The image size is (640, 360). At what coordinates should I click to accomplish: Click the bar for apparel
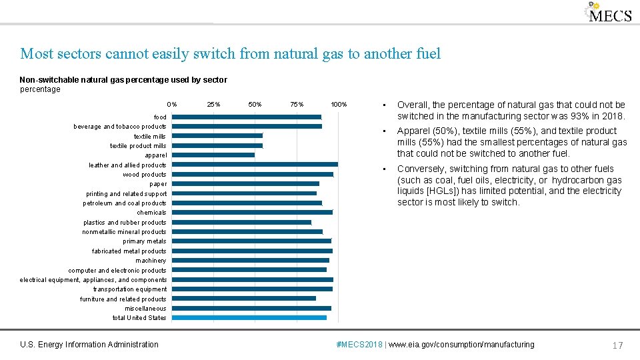(211, 155)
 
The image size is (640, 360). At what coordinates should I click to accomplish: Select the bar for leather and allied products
(253, 164)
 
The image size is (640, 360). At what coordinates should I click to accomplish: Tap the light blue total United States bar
(247, 317)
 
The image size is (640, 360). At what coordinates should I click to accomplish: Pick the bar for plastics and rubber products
(239, 222)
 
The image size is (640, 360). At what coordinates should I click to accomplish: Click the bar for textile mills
(215, 135)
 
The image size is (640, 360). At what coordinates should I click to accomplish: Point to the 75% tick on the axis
(297, 105)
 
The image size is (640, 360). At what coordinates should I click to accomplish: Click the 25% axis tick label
(213, 105)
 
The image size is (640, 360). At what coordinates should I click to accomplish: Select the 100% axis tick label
(339, 105)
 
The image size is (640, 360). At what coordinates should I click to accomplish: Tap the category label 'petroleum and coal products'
(125, 203)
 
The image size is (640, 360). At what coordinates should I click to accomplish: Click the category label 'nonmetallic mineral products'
(124, 232)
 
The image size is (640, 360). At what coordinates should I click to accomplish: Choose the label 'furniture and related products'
(123, 299)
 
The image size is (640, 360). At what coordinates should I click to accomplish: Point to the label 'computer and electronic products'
(117, 271)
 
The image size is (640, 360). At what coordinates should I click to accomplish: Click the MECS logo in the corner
(608, 13)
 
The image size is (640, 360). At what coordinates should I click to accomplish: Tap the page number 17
(617, 345)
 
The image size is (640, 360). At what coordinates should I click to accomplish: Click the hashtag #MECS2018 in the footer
(361, 345)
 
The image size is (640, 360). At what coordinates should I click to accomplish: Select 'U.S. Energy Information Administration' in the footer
(89, 345)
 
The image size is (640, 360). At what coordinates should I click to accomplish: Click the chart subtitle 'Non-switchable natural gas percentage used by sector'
(123, 80)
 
